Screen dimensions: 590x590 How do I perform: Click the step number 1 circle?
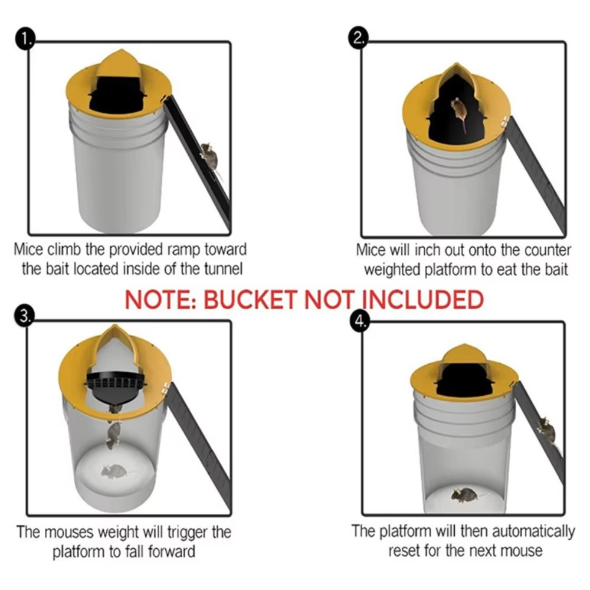tap(25, 40)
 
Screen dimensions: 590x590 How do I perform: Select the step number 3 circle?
tap(25, 316)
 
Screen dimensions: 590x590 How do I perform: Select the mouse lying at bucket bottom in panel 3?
tap(114, 471)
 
